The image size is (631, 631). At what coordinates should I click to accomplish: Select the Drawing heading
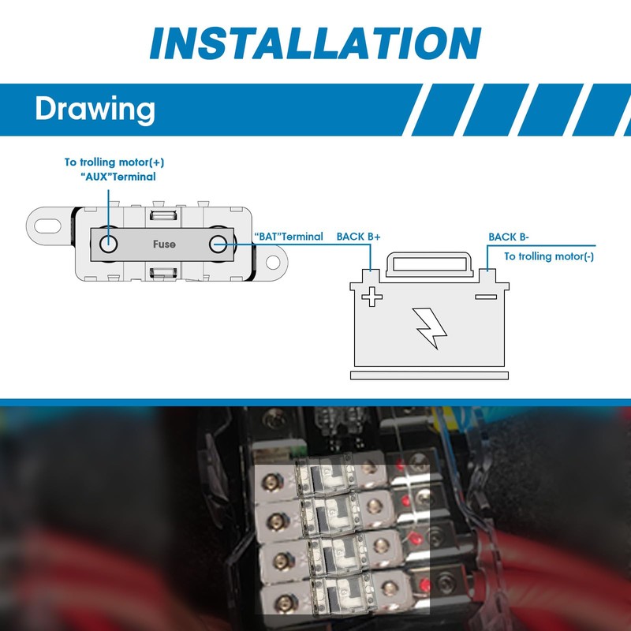[94, 109]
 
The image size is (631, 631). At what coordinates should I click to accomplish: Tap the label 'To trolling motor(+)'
[114, 162]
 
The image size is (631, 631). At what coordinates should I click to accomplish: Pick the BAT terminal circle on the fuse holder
[218, 244]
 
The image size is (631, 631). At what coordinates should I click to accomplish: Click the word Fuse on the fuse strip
[164, 245]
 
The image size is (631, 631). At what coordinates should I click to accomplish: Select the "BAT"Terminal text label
[289, 237]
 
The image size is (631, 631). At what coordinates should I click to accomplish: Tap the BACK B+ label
[359, 237]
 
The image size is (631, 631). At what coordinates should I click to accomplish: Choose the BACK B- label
[509, 237]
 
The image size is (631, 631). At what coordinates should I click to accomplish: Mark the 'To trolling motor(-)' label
[549, 256]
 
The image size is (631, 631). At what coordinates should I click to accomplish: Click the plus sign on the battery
[372, 297]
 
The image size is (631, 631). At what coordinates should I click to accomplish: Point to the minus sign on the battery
[486, 297]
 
